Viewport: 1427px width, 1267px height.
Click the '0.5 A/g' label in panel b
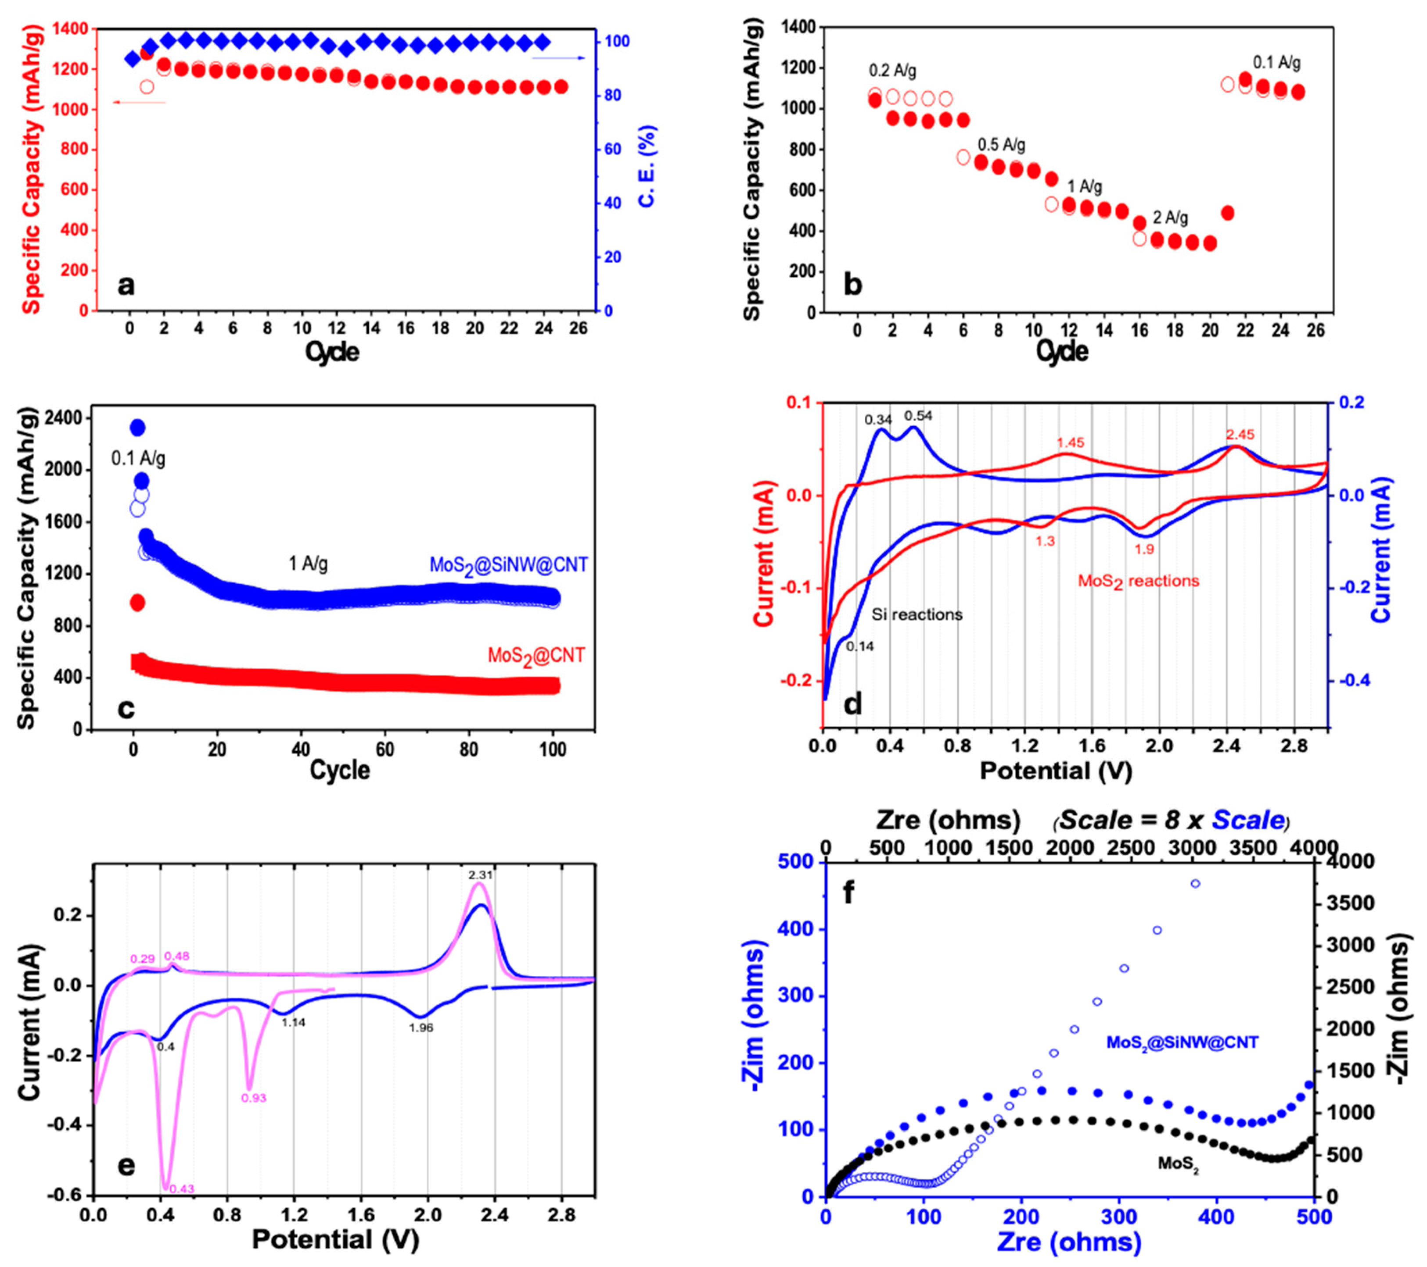click(x=1001, y=145)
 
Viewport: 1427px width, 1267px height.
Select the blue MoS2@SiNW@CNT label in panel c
click(x=508, y=565)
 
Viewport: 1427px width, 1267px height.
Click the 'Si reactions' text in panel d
click(x=917, y=615)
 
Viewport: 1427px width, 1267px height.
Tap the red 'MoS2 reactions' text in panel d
click(x=1138, y=581)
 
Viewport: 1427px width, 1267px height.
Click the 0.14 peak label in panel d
click(x=860, y=647)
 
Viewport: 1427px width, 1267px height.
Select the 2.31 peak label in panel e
click(x=480, y=874)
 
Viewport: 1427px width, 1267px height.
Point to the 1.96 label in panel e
click(x=421, y=1047)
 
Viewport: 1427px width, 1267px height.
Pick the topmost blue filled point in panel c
click(x=137, y=427)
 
